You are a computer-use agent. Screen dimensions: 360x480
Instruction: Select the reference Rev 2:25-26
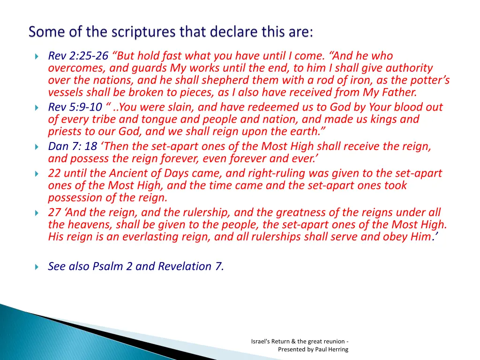[x=78, y=56]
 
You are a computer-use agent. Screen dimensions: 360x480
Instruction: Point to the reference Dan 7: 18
[x=73, y=147]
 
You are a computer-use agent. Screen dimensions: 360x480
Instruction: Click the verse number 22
[x=54, y=173]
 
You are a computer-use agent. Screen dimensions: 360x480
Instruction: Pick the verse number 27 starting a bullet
[x=54, y=213]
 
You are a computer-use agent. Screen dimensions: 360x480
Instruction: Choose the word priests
[x=65, y=132]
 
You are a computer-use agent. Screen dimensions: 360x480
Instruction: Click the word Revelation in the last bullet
[x=186, y=267]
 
